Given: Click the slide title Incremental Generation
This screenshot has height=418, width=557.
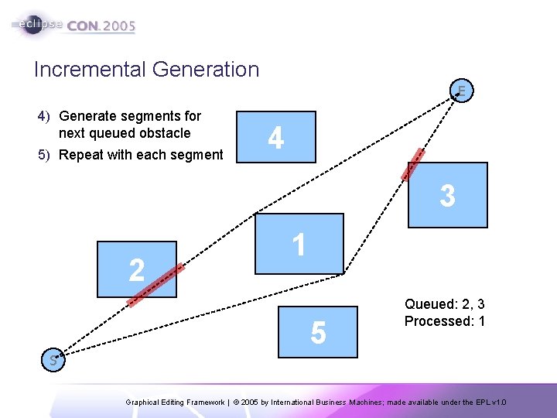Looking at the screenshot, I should click(x=146, y=70).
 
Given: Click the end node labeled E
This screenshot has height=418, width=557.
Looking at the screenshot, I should click(x=461, y=91).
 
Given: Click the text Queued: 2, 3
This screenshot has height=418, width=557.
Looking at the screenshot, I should click(x=444, y=305).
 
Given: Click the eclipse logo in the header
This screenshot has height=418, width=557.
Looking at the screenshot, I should click(x=39, y=24).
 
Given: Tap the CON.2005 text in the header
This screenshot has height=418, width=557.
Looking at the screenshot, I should click(x=101, y=26).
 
